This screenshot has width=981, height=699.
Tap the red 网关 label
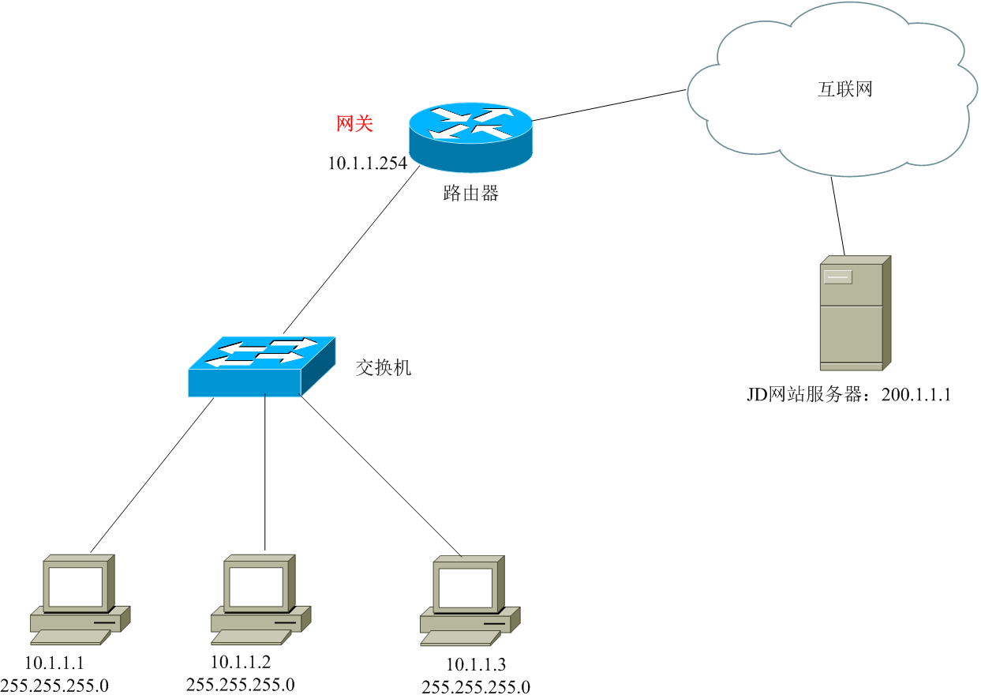pyautogui.click(x=354, y=123)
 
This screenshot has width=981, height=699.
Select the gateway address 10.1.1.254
pyautogui.click(x=368, y=163)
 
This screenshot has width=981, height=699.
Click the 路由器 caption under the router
pyautogui.click(x=470, y=194)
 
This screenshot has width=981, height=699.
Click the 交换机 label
pyautogui.click(x=383, y=367)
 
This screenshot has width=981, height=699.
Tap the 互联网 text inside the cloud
pyautogui.click(x=844, y=88)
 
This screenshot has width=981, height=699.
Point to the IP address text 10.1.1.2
pyautogui.click(x=241, y=661)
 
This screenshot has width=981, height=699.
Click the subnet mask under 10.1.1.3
pyautogui.click(x=477, y=687)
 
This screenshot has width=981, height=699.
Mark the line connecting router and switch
pyautogui.click(x=351, y=250)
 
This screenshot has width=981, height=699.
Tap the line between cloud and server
pyautogui.click(x=837, y=215)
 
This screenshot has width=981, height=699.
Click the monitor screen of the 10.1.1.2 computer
pyautogui.click(x=255, y=585)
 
